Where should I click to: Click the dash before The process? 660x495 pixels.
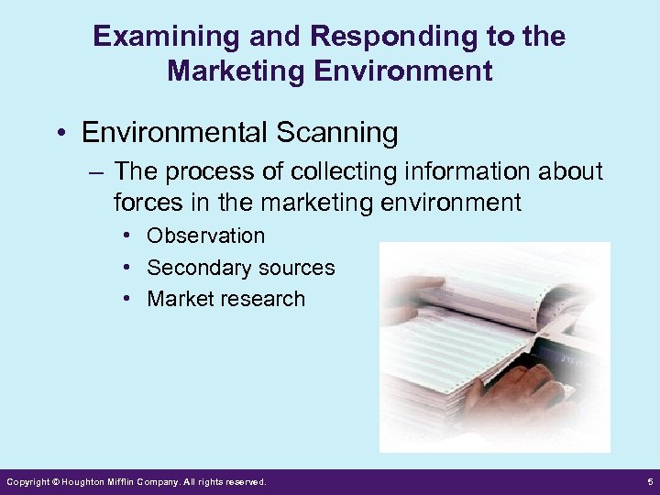(98, 171)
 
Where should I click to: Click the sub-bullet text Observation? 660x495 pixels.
(205, 236)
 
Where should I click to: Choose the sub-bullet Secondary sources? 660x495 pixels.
(240, 268)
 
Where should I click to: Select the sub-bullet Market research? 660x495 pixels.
(225, 299)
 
